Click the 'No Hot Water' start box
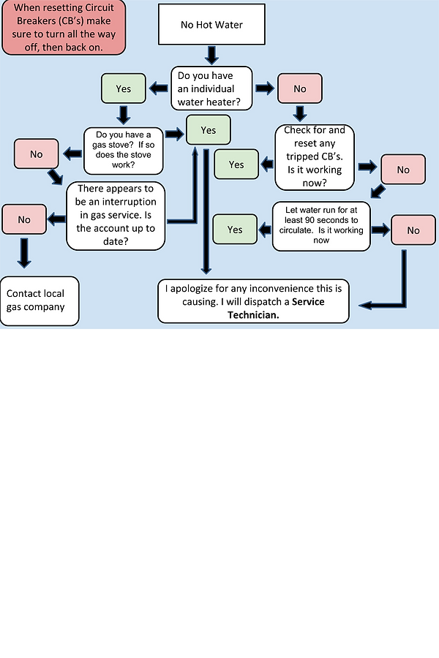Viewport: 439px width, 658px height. click(211, 25)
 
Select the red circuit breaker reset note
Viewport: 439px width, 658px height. click(63, 27)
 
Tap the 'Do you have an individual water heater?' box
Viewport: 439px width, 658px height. click(211, 88)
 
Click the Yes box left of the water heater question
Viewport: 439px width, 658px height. click(123, 88)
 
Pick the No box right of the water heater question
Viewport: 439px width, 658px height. click(299, 89)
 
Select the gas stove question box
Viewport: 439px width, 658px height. click(124, 149)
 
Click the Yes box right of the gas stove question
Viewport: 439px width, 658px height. click(209, 130)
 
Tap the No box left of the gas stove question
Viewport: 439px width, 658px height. click(37, 154)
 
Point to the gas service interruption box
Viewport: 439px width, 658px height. click(116, 216)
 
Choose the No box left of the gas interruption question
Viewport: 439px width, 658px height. click(24, 219)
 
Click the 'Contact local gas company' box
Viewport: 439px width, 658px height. click(40, 300)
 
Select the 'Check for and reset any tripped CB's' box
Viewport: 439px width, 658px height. click(315, 157)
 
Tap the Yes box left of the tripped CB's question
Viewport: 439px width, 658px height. click(236, 164)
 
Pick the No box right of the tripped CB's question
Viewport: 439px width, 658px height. click(403, 170)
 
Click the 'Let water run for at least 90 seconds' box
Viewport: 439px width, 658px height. click(321, 226)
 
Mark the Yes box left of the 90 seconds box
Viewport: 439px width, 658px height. click(235, 230)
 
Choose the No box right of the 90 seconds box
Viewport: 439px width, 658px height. click(413, 230)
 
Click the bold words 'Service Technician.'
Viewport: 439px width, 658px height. click(276, 308)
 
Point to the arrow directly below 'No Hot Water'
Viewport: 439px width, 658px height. click(211, 54)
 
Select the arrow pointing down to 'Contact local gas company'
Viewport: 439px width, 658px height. click(25, 253)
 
